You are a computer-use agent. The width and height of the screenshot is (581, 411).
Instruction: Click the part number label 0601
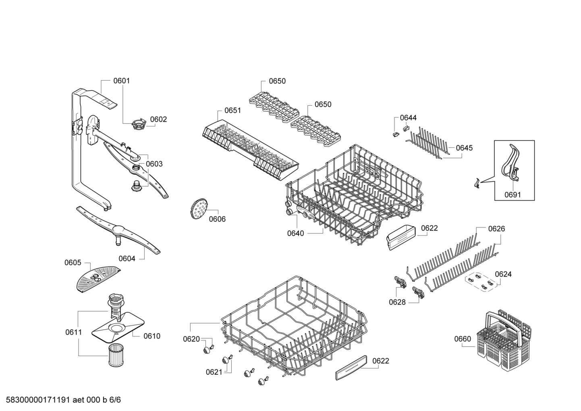[121, 81]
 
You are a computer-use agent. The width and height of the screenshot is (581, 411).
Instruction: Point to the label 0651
[232, 111]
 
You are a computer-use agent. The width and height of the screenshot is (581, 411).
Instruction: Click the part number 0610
[151, 336]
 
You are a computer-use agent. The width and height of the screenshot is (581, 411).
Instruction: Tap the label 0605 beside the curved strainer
[73, 263]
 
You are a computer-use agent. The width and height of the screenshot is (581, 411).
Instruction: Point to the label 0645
[464, 148]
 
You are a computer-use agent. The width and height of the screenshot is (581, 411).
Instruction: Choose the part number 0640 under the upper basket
[295, 233]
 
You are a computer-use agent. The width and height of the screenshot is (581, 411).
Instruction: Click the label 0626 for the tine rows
[496, 229]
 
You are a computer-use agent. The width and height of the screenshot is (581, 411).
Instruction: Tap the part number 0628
[397, 302]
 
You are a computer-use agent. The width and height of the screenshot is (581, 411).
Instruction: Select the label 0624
[503, 274]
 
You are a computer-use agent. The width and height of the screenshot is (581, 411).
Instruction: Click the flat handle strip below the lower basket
[351, 367]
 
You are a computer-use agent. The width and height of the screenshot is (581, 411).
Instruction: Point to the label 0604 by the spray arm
[127, 259]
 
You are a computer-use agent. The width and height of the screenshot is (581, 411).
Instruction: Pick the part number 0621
[214, 372]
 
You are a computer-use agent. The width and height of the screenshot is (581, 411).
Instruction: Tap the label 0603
[154, 164]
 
